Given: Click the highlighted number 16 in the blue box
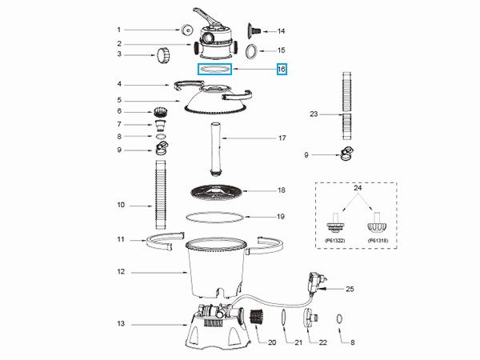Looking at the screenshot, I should coord(281,70).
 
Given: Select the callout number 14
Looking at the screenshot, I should coord(281,32).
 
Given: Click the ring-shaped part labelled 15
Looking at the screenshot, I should coord(250,51).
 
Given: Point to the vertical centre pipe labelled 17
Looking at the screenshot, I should coord(214,149).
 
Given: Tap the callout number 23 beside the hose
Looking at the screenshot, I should coord(314,114).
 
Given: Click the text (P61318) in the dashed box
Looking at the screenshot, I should coord(378,240).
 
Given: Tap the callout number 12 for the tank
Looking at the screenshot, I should coord(121,273).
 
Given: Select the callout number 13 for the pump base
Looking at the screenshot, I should coord(121,324).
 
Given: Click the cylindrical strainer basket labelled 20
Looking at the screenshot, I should coord(258,317).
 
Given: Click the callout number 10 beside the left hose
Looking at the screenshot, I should coord(121,205).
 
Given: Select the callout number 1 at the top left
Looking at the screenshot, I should coord(121,30).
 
